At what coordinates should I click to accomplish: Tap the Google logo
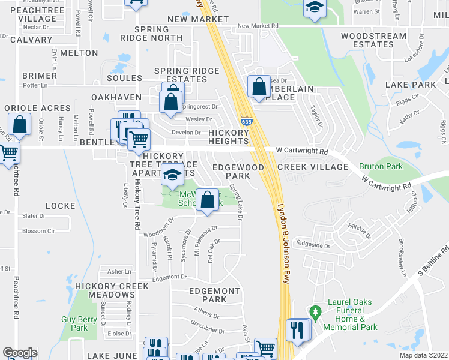click(x=20, y=353)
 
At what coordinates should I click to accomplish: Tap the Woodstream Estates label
click(x=373, y=40)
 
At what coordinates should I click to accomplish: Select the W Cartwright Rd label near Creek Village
click(x=302, y=152)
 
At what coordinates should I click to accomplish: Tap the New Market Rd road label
click(x=258, y=26)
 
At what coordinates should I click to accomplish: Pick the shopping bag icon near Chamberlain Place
click(x=259, y=87)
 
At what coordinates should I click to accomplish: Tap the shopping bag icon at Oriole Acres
click(x=20, y=125)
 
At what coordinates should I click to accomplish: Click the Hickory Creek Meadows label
click(x=111, y=290)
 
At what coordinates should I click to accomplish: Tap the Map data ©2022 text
click(x=424, y=355)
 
